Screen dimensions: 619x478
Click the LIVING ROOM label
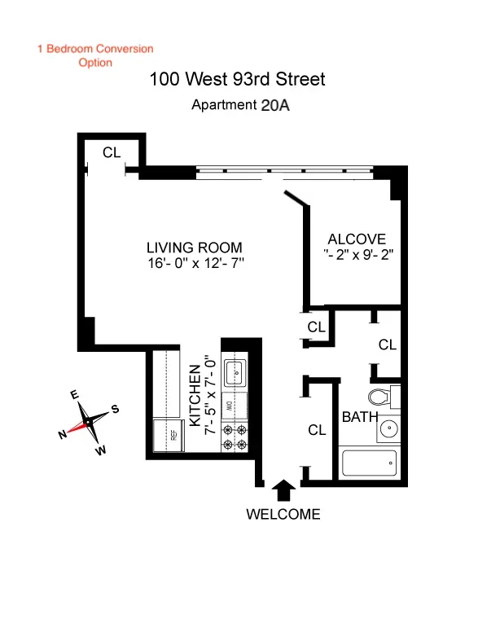tap(194, 248)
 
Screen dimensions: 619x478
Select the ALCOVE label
tap(356, 239)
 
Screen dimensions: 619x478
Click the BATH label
tap(358, 417)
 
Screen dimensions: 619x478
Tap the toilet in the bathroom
tap(379, 397)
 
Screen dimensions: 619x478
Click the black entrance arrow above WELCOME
tap(283, 489)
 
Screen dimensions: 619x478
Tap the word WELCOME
tap(283, 515)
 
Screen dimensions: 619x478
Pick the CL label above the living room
tap(112, 152)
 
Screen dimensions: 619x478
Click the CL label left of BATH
tap(317, 429)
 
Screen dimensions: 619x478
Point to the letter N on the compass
tap(63, 436)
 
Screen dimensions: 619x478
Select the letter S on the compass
tap(115, 410)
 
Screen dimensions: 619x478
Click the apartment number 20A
tap(274, 105)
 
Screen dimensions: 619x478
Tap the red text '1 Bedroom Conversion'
tap(95, 49)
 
